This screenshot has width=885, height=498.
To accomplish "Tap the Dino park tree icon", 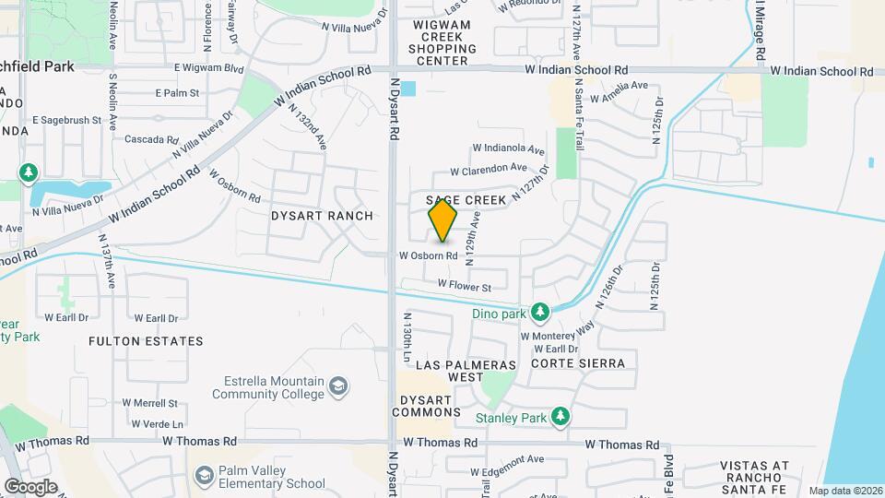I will point(540,314).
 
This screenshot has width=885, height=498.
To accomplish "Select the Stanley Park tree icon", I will point(560,418).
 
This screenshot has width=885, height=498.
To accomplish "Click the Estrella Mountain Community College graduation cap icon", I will point(338,386).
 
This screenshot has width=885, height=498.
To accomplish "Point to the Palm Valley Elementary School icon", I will point(205,476).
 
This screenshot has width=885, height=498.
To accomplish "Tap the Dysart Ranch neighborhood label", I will point(322,216).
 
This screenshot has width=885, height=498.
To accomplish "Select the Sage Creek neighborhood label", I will point(466,200).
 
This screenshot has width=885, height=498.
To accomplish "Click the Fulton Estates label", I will point(146,341).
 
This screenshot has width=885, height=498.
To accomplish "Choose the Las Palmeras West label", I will point(450,371).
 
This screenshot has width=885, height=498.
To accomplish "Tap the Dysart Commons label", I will point(426,406).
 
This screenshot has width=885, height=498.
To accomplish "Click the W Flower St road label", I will point(470,285).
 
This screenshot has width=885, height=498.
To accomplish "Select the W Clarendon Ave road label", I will point(488,169).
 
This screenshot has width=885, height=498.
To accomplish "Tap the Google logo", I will point(30,486).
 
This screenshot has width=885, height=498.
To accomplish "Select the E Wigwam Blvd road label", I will point(208,68).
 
